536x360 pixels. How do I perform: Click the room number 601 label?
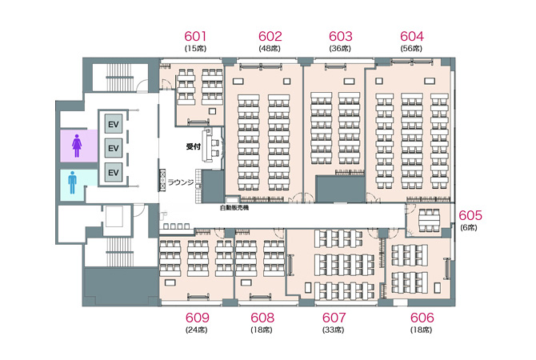195,36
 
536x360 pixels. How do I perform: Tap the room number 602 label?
270,36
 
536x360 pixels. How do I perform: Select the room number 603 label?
341,36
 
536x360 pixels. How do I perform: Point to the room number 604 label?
412,36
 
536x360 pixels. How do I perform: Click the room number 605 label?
470,215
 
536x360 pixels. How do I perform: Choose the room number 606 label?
422,318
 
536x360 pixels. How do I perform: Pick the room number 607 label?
334,318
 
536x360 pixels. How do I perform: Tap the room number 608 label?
262,318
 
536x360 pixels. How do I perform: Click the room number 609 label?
198,318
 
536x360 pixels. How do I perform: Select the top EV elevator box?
113,124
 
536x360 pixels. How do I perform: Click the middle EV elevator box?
113,148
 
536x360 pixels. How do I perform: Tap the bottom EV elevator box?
113,172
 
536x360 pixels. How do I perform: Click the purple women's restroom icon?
77,146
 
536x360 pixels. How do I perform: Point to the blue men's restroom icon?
72,182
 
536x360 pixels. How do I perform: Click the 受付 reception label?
193,146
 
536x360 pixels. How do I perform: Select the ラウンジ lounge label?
181,182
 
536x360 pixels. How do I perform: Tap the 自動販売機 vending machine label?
234,207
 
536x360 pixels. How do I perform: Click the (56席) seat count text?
411,49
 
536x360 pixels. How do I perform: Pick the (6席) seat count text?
469,228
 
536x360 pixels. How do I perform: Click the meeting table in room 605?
429,221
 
